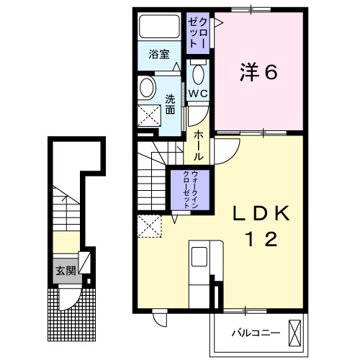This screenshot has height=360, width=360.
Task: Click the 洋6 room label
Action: coord(258,71)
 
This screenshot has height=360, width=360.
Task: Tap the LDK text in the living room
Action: coord(260,213)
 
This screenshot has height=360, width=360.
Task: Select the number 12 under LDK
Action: coord(261,240)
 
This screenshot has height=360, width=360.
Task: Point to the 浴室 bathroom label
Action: coord(158,54)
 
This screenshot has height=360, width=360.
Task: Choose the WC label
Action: coord(198,94)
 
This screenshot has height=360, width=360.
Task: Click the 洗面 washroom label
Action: coord(171,105)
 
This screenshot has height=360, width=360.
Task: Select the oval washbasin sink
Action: coord(147,89)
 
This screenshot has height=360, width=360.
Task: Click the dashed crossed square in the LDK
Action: coord(152,226)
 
